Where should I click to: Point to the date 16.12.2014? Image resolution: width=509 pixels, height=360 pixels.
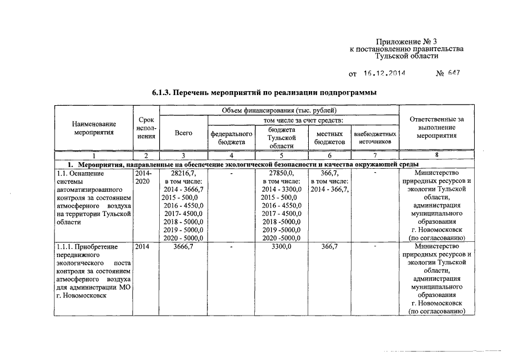tap(385, 74)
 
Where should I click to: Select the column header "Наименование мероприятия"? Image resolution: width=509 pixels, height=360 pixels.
tap(94, 128)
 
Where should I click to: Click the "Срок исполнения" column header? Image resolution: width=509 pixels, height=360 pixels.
tap(146, 128)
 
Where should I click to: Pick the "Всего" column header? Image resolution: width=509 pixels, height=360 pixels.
tap(183, 133)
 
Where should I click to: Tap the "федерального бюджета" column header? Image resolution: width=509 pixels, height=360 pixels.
tap(232, 138)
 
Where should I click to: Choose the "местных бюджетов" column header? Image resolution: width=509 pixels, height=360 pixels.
tap(330, 138)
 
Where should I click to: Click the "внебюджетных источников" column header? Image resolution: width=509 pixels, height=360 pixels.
tap(375, 138)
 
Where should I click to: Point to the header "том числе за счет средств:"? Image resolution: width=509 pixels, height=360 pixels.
tap(303, 120)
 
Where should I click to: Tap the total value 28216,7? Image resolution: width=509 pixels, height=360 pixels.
tap(183, 173)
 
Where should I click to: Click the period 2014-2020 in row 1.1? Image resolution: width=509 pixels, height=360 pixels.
tap(143, 177)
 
